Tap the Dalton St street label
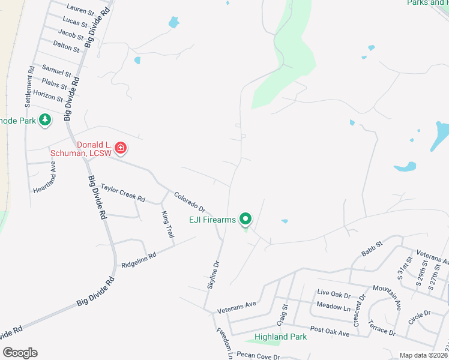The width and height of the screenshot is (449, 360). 66,46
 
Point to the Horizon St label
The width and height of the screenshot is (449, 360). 47,95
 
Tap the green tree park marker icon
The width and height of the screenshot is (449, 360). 44,120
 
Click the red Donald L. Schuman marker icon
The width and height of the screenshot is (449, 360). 120,148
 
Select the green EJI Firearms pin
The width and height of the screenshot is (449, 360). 245,220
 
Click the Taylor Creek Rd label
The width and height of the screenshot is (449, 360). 123,193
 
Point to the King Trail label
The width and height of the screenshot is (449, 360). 167,223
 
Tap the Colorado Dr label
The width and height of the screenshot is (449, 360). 190,202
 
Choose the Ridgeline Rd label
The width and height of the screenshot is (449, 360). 139,259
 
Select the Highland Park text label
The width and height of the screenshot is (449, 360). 281,337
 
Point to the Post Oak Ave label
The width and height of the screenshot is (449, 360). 330,331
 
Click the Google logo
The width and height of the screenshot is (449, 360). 20,353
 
